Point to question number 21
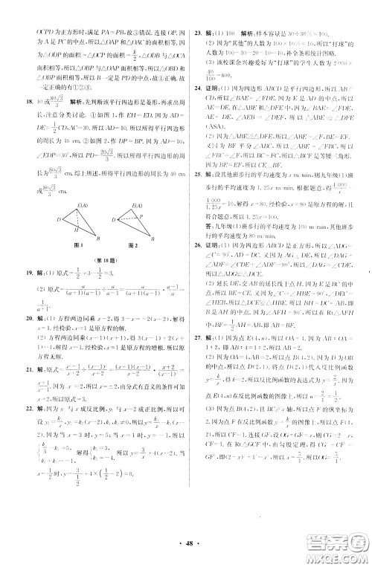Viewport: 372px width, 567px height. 28,369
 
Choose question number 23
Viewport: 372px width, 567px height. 198,34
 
